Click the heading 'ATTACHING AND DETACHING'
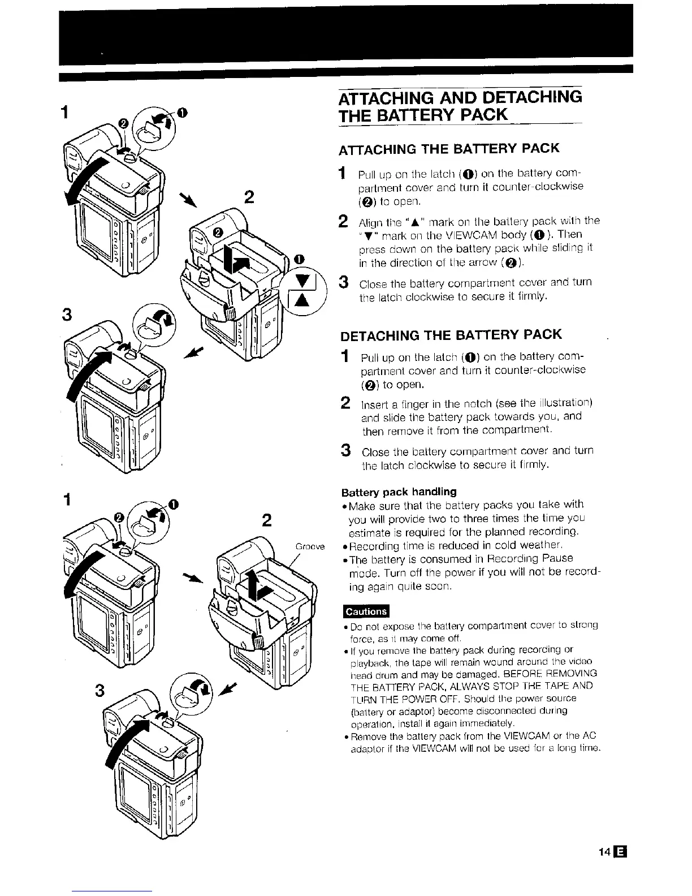(460, 97)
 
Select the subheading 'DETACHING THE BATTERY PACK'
(451, 335)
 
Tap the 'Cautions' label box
(366, 611)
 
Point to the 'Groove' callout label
(310, 547)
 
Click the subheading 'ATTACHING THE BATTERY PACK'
(449, 148)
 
